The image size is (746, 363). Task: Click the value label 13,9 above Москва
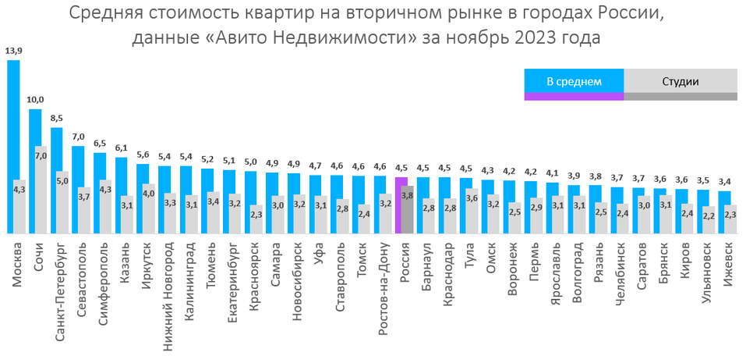tap(13, 52)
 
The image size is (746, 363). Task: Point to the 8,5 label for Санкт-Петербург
tap(56, 119)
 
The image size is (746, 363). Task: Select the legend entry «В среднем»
tap(574, 81)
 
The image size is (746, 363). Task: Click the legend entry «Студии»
tap(680, 81)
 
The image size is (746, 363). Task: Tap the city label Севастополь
tap(81, 274)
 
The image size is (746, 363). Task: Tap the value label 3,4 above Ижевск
tap(723, 182)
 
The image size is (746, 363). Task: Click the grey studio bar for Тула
tap(472, 211)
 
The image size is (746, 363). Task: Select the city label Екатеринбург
tap(232, 276)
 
